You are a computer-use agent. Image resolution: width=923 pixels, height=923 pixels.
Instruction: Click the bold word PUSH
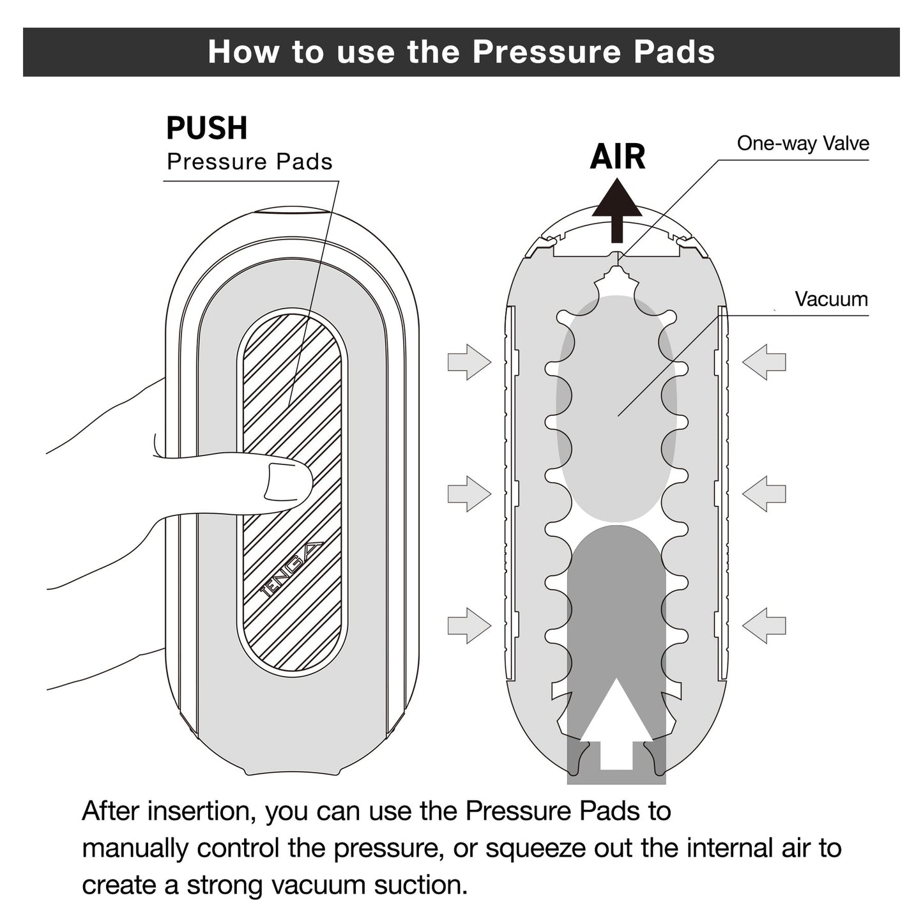206,128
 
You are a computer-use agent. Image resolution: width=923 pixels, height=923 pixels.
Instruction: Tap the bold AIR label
617,156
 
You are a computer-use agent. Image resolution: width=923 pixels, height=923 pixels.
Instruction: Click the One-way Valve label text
803,143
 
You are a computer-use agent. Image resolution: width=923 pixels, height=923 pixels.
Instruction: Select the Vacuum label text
831,299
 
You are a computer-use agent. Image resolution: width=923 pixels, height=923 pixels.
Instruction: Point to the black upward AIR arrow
616,210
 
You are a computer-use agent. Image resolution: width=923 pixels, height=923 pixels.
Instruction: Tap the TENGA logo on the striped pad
291,568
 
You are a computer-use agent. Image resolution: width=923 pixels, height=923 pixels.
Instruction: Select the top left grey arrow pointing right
469,362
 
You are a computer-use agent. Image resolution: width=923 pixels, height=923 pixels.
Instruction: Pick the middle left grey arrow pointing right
469,494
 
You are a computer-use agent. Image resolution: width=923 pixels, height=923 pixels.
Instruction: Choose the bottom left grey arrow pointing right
469,625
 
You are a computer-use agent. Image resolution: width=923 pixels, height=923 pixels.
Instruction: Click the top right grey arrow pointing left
765,362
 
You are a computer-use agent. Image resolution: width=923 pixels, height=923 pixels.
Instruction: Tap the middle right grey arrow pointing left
765,494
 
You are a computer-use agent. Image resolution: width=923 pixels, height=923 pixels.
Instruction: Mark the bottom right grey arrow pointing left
765,625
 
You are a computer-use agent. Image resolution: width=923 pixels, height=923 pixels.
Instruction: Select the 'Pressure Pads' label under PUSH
250,162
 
